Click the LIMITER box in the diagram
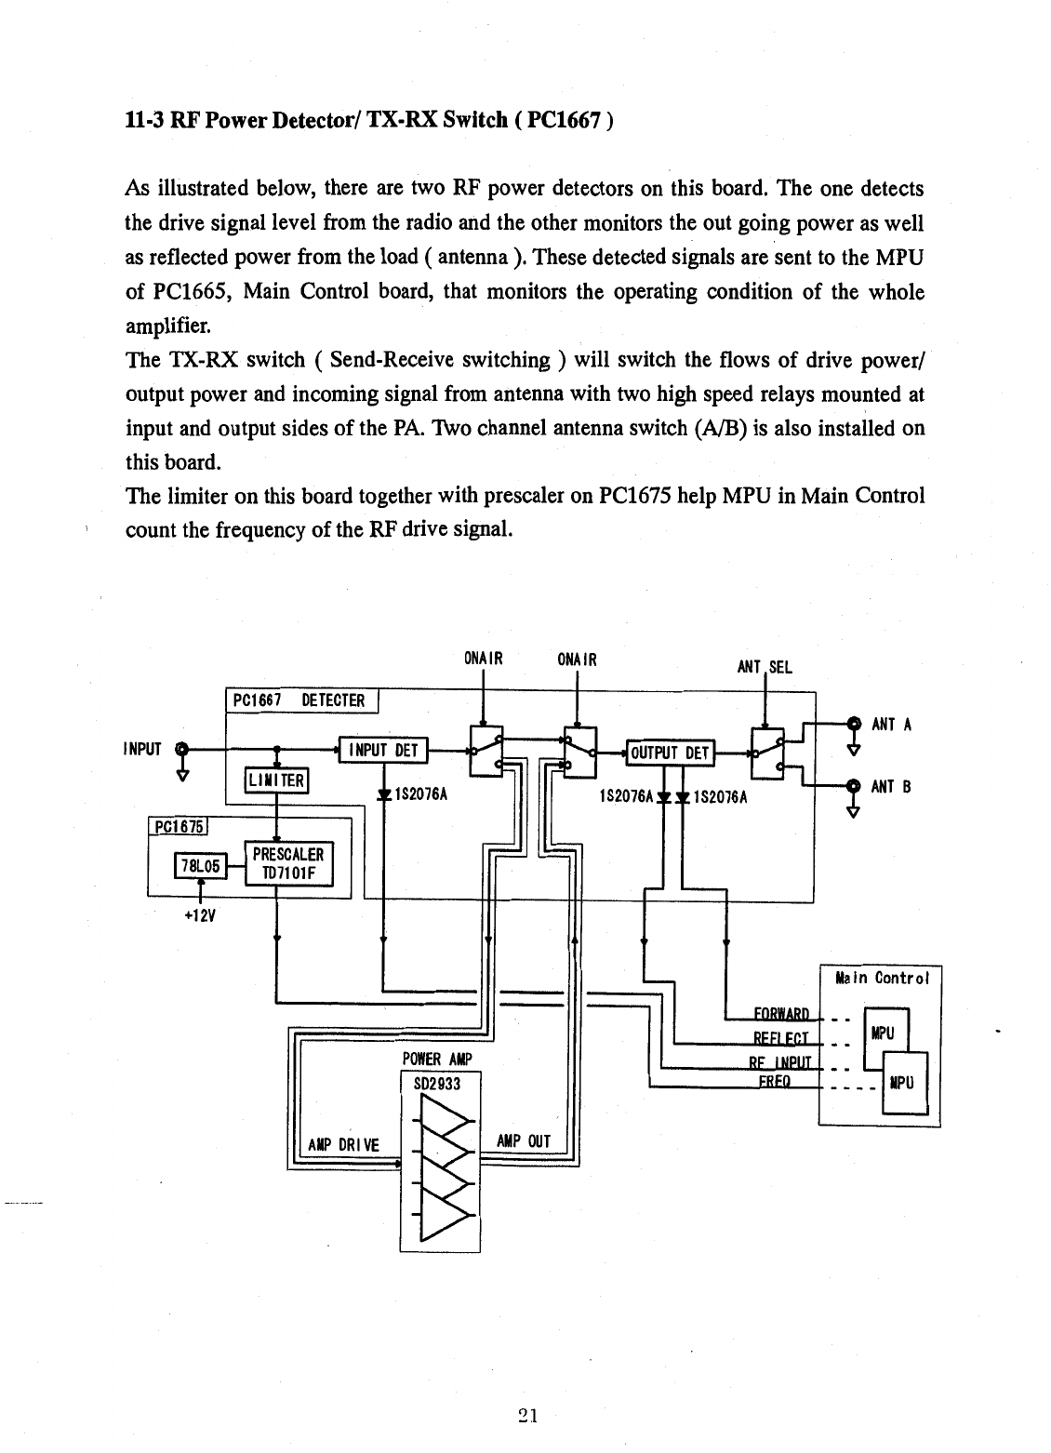pos(276,780)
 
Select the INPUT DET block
pos(383,751)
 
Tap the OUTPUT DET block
pos(671,753)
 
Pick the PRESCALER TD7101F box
pos(288,863)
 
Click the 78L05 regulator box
pos(201,865)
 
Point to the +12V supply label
pos(200,915)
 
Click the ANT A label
pos(891,725)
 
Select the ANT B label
pos(891,787)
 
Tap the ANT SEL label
pos(765,667)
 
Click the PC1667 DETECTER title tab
pos(301,700)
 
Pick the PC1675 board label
pos(178,826)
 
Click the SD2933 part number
pos(437,1084)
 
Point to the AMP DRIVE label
pos(344,1145)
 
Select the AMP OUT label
pos(524,1141)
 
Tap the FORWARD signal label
pos(782,1013)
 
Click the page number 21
pos(528,1416)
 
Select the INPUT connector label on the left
pos(142,749)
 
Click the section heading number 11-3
pos(144,121)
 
